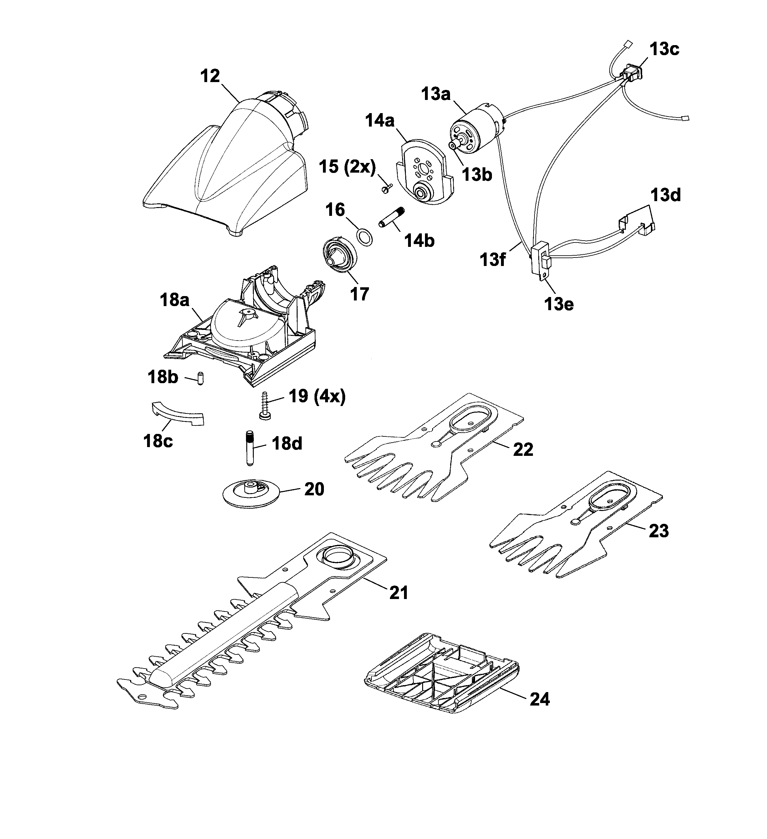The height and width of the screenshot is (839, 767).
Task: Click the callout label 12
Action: click(x=210, y=76)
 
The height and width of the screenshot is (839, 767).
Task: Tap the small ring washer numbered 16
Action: click(x=365, y=238)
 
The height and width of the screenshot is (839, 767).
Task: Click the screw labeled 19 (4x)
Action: click(x=264, y=406)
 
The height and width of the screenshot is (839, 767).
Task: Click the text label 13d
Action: click(x=666, y=195)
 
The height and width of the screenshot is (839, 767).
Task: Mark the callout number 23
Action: click(x=658, y=531)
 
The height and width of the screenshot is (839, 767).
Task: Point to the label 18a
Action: click(x=175, y=300)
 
